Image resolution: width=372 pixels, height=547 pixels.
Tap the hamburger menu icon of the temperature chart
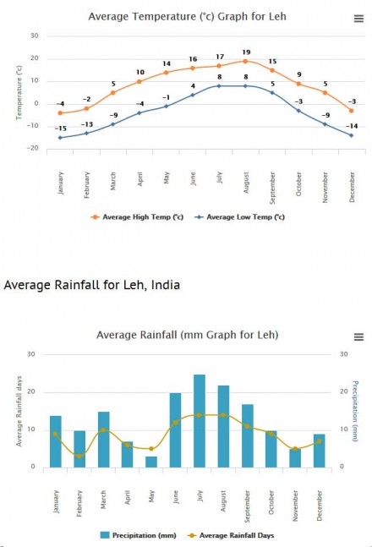358,18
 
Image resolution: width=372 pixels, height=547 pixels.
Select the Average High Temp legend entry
143,216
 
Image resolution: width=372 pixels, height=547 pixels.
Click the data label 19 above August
246,52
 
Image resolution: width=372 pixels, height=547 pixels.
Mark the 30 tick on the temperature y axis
34,36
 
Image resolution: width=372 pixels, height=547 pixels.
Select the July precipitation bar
200,421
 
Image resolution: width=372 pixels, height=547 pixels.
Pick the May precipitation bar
151,462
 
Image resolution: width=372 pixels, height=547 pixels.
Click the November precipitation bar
295,457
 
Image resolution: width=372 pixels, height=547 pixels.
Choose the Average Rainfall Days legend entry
230,535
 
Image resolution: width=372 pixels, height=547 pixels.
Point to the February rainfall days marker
79,456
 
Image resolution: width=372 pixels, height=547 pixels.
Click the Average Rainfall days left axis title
18,413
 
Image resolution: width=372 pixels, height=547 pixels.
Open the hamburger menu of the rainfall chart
358,336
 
